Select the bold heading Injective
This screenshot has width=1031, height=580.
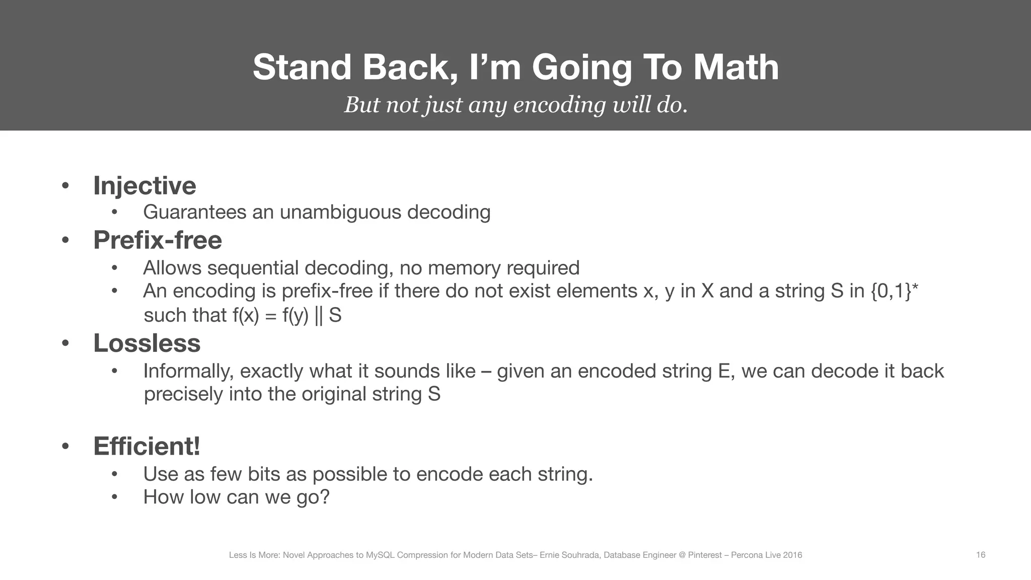[x=144, y=185]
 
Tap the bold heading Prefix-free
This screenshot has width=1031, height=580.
[x=157, y=240]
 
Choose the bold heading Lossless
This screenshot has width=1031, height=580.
[x=146, y=343]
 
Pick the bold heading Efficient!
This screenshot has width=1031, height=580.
[x=146, y=446]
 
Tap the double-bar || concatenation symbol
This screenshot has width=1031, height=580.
[x=318, y=315]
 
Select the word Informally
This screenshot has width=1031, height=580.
[x=188, y=371]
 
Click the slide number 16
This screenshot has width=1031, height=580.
[x=981, y=555]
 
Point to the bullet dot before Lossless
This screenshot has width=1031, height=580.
[x=65, y=343]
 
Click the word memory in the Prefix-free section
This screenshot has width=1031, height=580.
[x=464, y=268]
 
